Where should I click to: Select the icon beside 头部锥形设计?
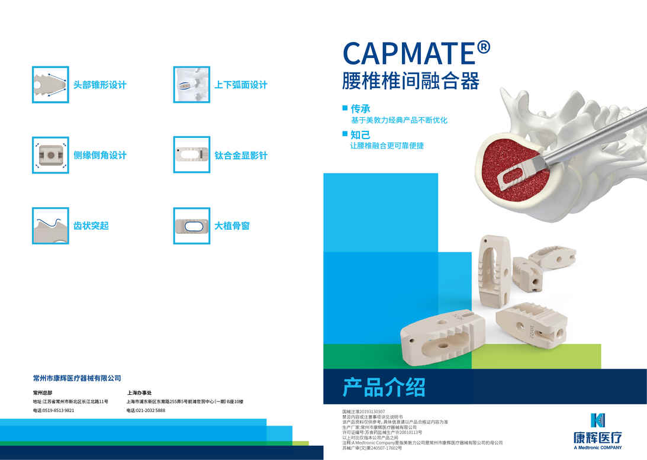[50, 84]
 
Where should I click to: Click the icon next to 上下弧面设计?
[191, 84]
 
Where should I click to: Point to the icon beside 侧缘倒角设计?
[50, 155]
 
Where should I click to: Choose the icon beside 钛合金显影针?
[191, 155]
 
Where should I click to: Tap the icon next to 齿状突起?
[50, 226]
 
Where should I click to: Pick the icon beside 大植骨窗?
[191, 226]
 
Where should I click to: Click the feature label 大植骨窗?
[231, 226]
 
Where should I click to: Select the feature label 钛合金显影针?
[241, 156]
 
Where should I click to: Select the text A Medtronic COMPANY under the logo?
[598, 448]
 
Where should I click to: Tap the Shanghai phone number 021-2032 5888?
[150, 410]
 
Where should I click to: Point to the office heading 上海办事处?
[140, 393]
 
